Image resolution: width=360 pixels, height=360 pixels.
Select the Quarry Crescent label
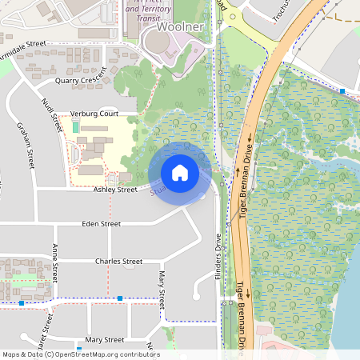coord(81,81)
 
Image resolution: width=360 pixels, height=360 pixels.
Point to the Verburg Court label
coord(94,114)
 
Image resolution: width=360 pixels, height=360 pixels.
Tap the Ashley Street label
coord(115,190)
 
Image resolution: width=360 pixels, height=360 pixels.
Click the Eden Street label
coord(101,224)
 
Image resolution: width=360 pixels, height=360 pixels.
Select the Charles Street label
coord(118,262)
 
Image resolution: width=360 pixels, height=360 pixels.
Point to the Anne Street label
coord(55,262)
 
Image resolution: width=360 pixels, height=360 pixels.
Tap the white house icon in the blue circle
coord(180,173)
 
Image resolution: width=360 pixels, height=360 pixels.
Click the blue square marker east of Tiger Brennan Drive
coord(342,92)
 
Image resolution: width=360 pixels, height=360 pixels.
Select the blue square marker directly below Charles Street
coord(119,298)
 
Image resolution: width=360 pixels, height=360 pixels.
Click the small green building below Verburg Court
coord(76,127)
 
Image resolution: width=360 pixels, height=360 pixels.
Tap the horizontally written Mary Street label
coord(104,340)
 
